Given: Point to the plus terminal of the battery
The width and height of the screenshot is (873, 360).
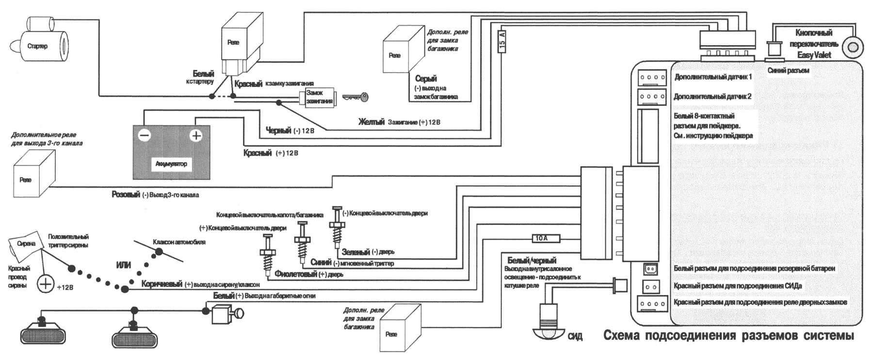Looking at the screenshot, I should click(196, 136).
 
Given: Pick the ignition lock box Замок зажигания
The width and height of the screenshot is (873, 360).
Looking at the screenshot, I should click(318, 97).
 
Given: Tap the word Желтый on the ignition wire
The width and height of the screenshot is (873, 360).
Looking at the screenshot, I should click(371, 122).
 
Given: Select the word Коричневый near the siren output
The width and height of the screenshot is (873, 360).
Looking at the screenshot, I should click(162, 284).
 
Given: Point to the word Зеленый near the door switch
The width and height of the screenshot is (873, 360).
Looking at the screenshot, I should click(356, 252).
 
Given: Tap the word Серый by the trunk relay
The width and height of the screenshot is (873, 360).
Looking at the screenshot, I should click(426, 79).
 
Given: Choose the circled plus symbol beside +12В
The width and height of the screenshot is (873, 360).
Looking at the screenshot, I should click(46, 284).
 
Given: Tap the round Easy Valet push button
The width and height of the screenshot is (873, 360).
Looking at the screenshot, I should click(852, 48).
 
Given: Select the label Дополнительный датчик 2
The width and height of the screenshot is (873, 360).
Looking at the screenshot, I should click(712, 97).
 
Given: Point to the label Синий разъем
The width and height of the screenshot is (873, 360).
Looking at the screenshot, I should click(788, 71).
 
